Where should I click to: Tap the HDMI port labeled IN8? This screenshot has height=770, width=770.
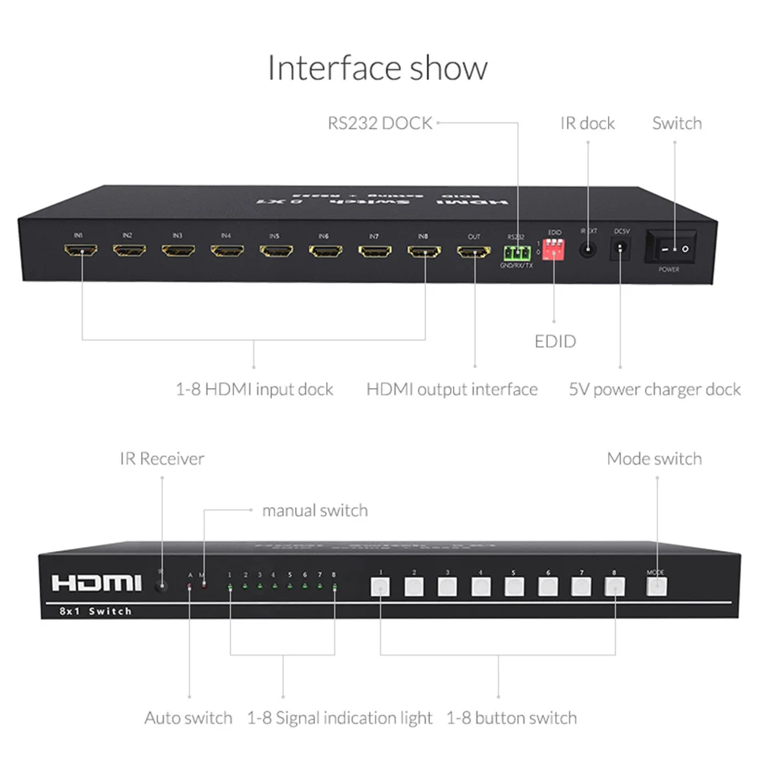pos(424,251)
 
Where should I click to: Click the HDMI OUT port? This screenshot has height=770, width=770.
pos(474,251)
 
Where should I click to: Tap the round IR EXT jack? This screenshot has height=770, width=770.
pos(589,249)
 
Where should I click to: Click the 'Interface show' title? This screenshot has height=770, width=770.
pos(377,68)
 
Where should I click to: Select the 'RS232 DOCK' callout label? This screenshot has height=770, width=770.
pos(379,123)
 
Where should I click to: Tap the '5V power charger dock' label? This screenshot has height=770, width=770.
pos(654,389)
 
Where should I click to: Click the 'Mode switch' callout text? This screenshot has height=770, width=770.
pos(654,459)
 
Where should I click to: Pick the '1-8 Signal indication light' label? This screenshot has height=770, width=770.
pos(339,717)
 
